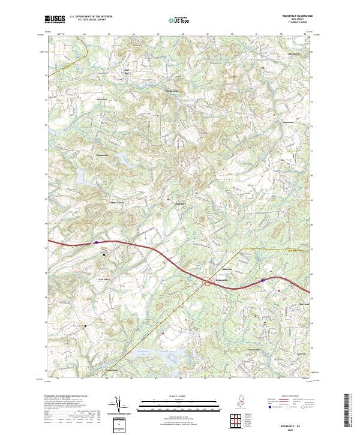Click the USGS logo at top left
[x=55, y=19]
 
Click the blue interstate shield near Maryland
[x=262, y=280]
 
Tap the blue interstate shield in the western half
[x=95, y=243]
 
